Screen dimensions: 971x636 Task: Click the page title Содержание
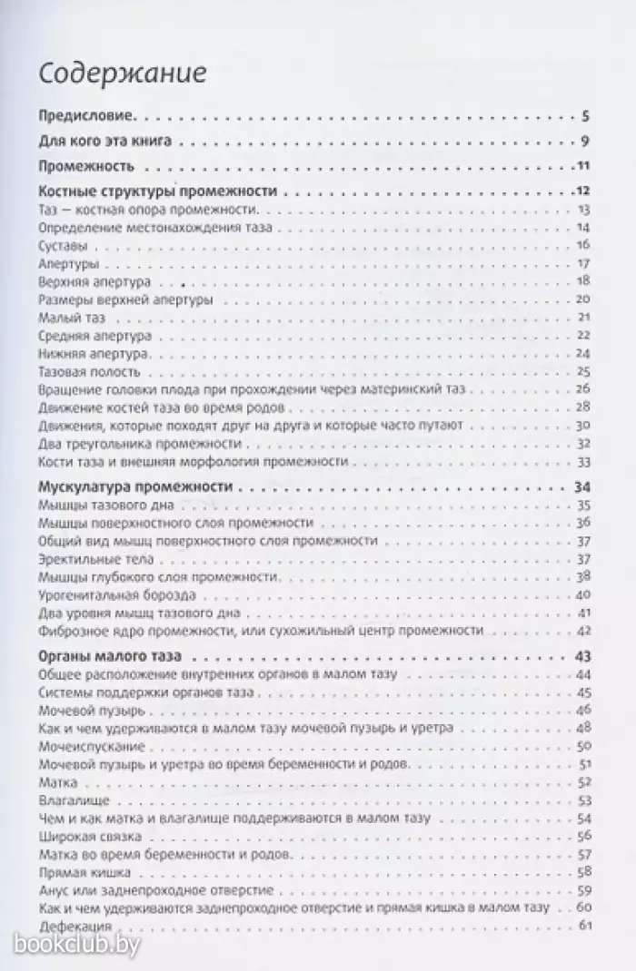pyautogui.click(x=124, y=72)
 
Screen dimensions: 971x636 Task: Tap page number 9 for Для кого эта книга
pyautogui.click(x=587, y=141)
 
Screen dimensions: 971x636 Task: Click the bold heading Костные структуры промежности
pyautogui.click(x=159, y=191)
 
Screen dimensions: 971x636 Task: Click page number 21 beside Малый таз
pyautogui.click(x=584, y=317)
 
